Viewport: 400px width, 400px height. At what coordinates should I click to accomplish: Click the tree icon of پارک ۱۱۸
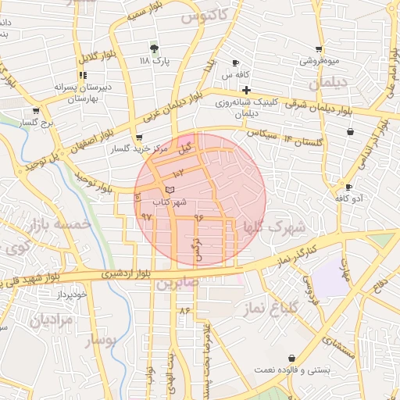point(153,47)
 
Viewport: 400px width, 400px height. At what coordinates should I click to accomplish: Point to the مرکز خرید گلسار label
point(119,148)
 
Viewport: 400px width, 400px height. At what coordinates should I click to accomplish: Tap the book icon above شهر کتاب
point(170,190)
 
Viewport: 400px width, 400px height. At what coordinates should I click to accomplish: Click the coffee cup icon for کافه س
point(236,63)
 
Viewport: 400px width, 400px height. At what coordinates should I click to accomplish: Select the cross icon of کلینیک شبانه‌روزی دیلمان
point(246,91)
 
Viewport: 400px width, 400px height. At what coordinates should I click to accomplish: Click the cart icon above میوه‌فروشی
point(319,48)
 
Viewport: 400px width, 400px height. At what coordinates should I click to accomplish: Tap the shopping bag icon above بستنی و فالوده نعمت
point(291,357)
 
